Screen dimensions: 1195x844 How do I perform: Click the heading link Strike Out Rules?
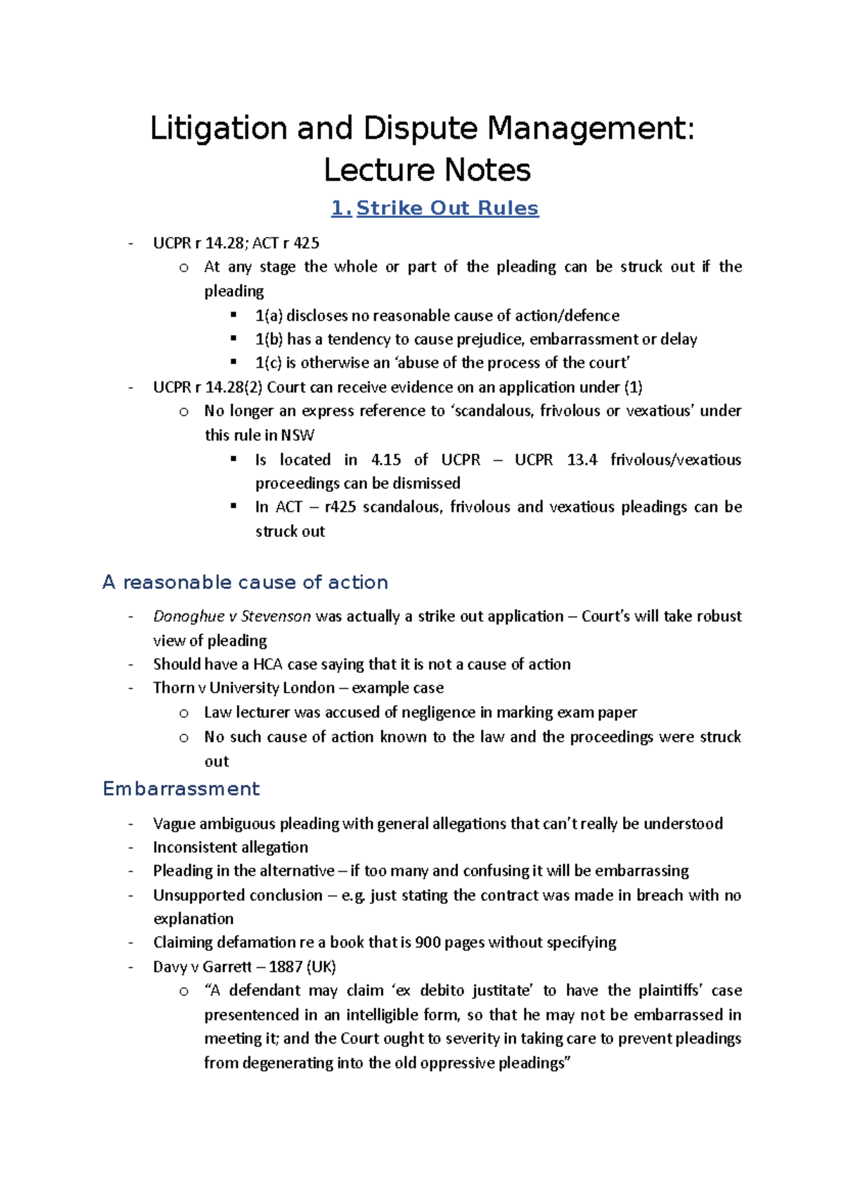click(447, 208)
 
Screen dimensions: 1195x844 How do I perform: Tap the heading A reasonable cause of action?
click(245, 582)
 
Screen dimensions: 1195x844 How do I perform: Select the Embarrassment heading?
click(181, 788)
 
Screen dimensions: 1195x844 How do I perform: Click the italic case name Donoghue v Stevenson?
click(231, 617)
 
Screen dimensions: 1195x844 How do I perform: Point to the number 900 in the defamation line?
click(427, 942)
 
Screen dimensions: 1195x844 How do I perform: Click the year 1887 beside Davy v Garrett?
click(285, 966)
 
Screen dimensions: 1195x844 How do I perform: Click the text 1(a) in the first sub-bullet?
click(269, 315)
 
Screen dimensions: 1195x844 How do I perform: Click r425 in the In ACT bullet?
click(340, 507)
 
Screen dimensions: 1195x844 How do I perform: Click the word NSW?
click(298, 435)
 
